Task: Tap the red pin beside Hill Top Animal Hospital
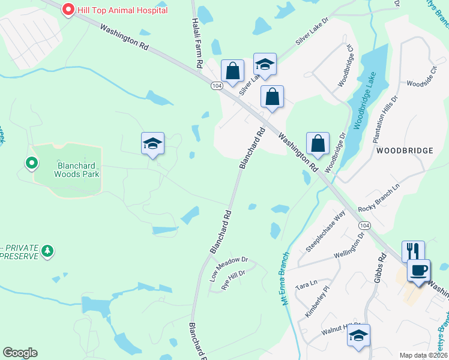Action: [x=68, y=10]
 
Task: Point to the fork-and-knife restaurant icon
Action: [x=413, y=250]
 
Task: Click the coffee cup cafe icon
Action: [x=418, y=269]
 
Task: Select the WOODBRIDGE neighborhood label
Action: [x=405, y=151]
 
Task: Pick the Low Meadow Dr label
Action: [x=229, y=268]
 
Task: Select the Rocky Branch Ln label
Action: [x=378, y=200]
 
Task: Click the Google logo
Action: [x=20, y=353]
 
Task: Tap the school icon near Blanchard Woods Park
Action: [x=152, y=143]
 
